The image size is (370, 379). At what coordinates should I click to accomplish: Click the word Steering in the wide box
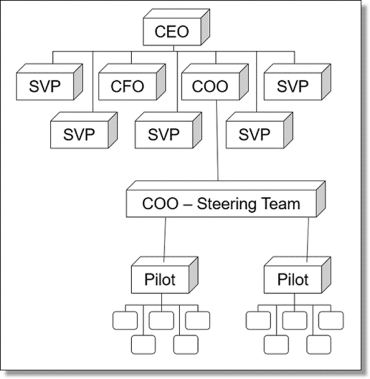[223, 204]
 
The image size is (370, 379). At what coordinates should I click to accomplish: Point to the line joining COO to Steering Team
[218, 142]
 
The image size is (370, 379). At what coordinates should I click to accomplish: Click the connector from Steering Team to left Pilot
[164, 241]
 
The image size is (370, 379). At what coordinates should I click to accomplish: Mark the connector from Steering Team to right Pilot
[307, 241]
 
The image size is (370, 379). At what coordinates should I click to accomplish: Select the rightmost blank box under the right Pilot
[331, 320]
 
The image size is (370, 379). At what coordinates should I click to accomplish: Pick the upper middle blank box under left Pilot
[162, 320]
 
